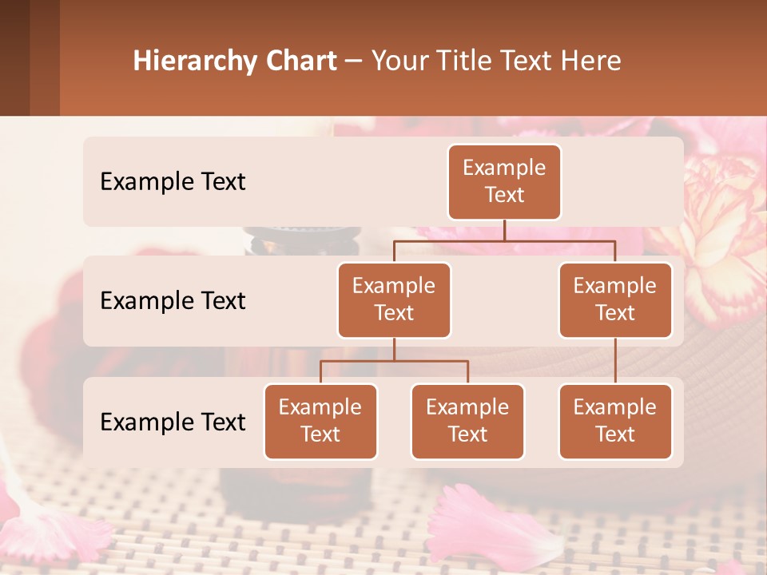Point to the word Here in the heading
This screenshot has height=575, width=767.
coord(591,61)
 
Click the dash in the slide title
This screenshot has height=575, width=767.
coord(354,61)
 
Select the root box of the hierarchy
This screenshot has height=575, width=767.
coord(504,182)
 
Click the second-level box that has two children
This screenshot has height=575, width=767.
coord(394,299)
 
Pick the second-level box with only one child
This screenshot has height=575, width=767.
coord(615,299)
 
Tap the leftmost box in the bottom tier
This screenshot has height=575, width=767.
coord(320,421)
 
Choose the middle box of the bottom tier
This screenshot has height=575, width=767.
coord(467,421)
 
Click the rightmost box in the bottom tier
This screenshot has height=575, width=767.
coord(615,421)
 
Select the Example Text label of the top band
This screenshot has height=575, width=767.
coord(173,182)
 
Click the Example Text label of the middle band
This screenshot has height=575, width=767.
coord(173,301)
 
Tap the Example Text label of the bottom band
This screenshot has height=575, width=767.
coord(173,422)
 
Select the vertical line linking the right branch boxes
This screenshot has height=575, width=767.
coord(615,361)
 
